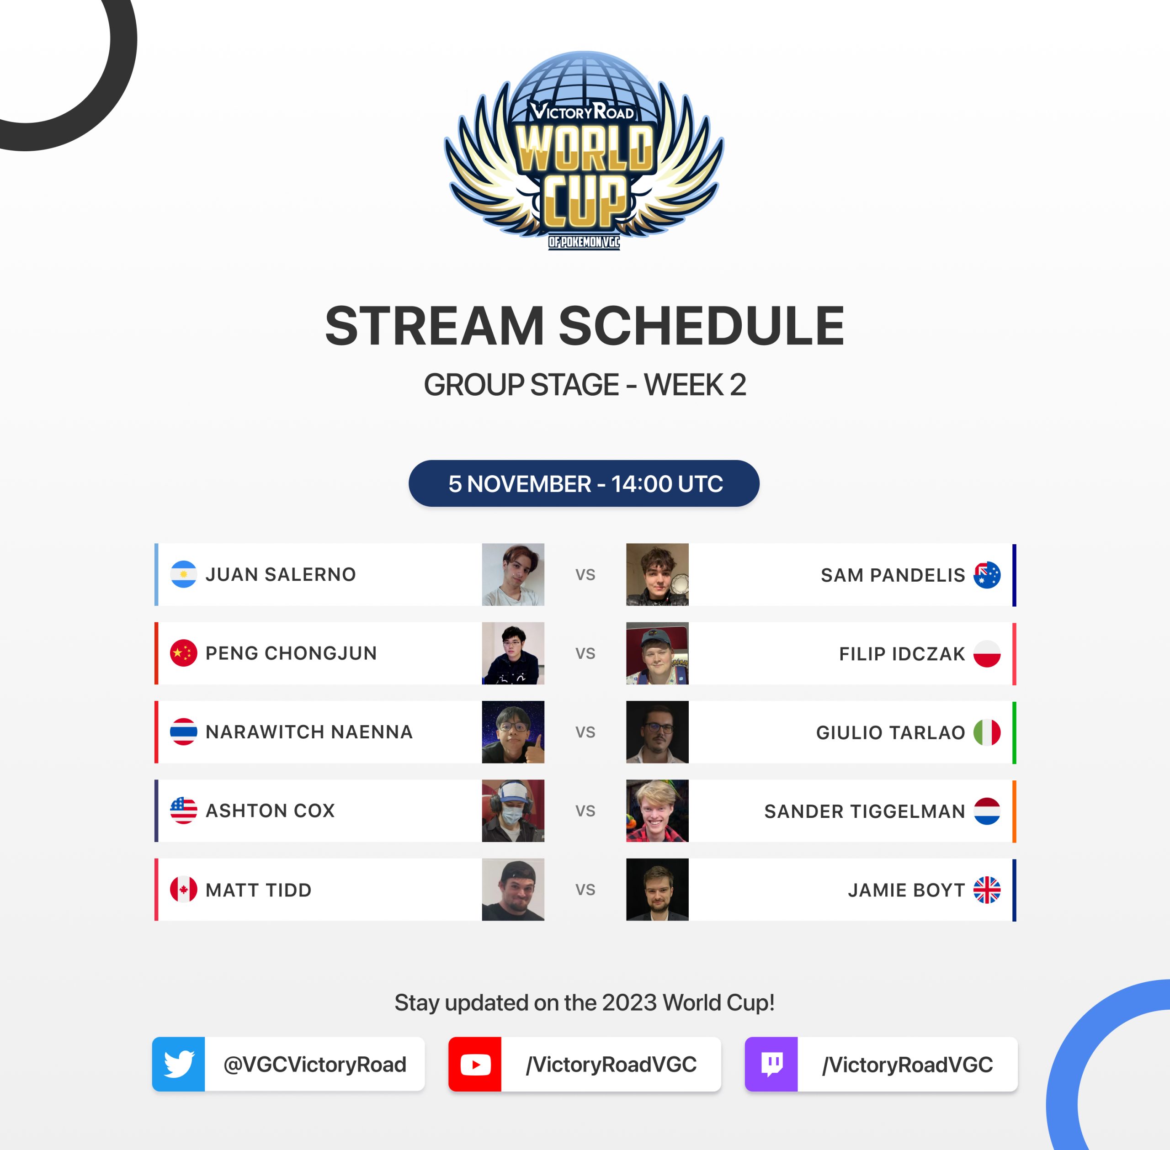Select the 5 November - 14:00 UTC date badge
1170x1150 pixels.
[584, 483]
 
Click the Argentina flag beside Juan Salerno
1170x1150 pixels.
[184, 574]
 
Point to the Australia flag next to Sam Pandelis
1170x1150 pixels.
[987, 575]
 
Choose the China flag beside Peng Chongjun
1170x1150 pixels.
[184, 653]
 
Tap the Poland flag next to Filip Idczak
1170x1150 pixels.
[987, 653]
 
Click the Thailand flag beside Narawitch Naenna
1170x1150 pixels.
[184, 731]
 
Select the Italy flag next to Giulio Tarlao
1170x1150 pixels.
[987, 732]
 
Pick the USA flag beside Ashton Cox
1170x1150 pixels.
[184, 811]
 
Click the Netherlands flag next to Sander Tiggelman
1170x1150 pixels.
[987, 811]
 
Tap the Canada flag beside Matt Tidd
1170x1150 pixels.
[184, 890]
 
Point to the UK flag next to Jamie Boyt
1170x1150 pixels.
[987, 890]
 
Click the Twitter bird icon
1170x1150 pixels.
[179, 1064]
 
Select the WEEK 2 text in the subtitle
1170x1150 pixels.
[695, 385]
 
